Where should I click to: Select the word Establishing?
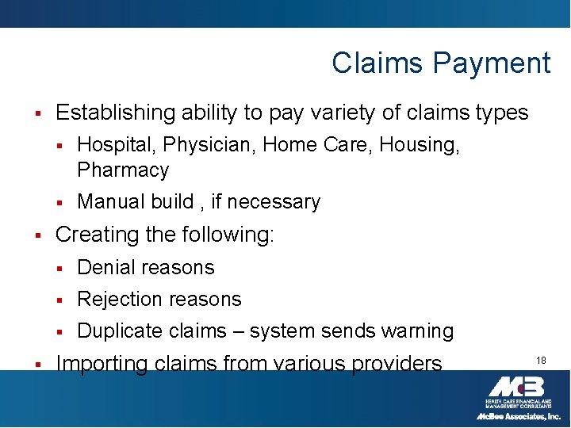point(115,113)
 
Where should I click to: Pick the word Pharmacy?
point(123,170)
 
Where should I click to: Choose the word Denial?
point(108,267)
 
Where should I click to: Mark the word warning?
point(419,331)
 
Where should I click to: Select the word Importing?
point(102,364)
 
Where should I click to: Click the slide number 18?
point(540,361)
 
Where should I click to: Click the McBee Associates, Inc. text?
point(518,415)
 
